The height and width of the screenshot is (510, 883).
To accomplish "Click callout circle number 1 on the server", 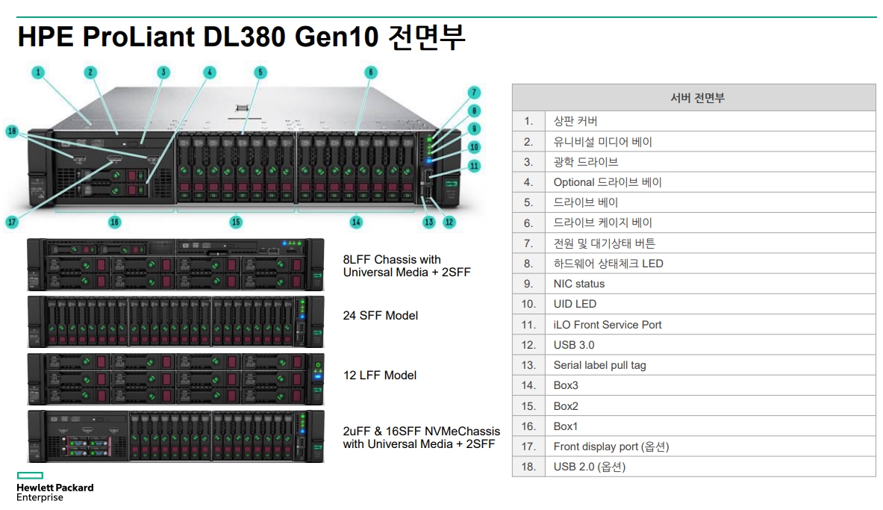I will point(38,73).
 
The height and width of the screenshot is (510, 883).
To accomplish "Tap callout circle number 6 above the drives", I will point(370,72).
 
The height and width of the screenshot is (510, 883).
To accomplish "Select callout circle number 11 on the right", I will point(475,166).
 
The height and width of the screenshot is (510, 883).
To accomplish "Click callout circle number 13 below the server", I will point(428,222).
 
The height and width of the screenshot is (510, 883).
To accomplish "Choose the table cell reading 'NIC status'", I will point(578,284).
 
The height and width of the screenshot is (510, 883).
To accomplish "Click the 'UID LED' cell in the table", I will point(575,304).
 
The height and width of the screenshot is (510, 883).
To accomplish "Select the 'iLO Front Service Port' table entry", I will point(607,325).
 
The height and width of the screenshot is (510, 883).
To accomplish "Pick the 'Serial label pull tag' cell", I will point(599,365).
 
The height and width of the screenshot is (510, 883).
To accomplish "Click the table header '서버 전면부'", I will point(693,98).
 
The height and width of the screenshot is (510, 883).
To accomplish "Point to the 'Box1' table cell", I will point(566,426).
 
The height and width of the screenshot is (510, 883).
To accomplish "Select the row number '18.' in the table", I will point(528,467).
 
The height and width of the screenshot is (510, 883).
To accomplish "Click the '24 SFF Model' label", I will point(380,316).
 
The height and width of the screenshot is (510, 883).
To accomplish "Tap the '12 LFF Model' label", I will point(379,376).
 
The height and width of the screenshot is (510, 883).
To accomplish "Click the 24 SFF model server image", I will point(175,321).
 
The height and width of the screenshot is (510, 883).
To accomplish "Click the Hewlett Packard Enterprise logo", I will point(54,487).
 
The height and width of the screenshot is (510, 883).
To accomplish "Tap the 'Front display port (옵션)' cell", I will point(611,447).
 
